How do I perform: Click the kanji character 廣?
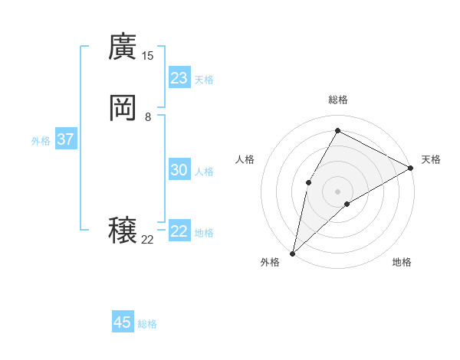[123, 47]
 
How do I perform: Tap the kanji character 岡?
[123, 109]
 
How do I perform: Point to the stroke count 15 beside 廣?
[147, 56]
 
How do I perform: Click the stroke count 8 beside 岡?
[148, 117]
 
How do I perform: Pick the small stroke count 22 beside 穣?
[147, 240]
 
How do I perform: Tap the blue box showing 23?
[179, 78]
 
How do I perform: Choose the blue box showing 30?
[179, 170]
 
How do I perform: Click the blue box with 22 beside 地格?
[179, 231]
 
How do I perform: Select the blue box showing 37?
[66, 139]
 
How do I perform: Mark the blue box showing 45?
[123, 322]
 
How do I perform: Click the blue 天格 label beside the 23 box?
[204, 80]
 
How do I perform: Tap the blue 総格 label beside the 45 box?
[147, 324]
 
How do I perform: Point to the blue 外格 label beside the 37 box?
[41, 141]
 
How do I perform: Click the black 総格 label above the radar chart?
[337, 100]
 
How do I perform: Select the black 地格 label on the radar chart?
[402, 262]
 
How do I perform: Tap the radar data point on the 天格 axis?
[411, 169]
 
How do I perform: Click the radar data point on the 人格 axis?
[308, 182]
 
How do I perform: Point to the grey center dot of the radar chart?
[337, 191]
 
